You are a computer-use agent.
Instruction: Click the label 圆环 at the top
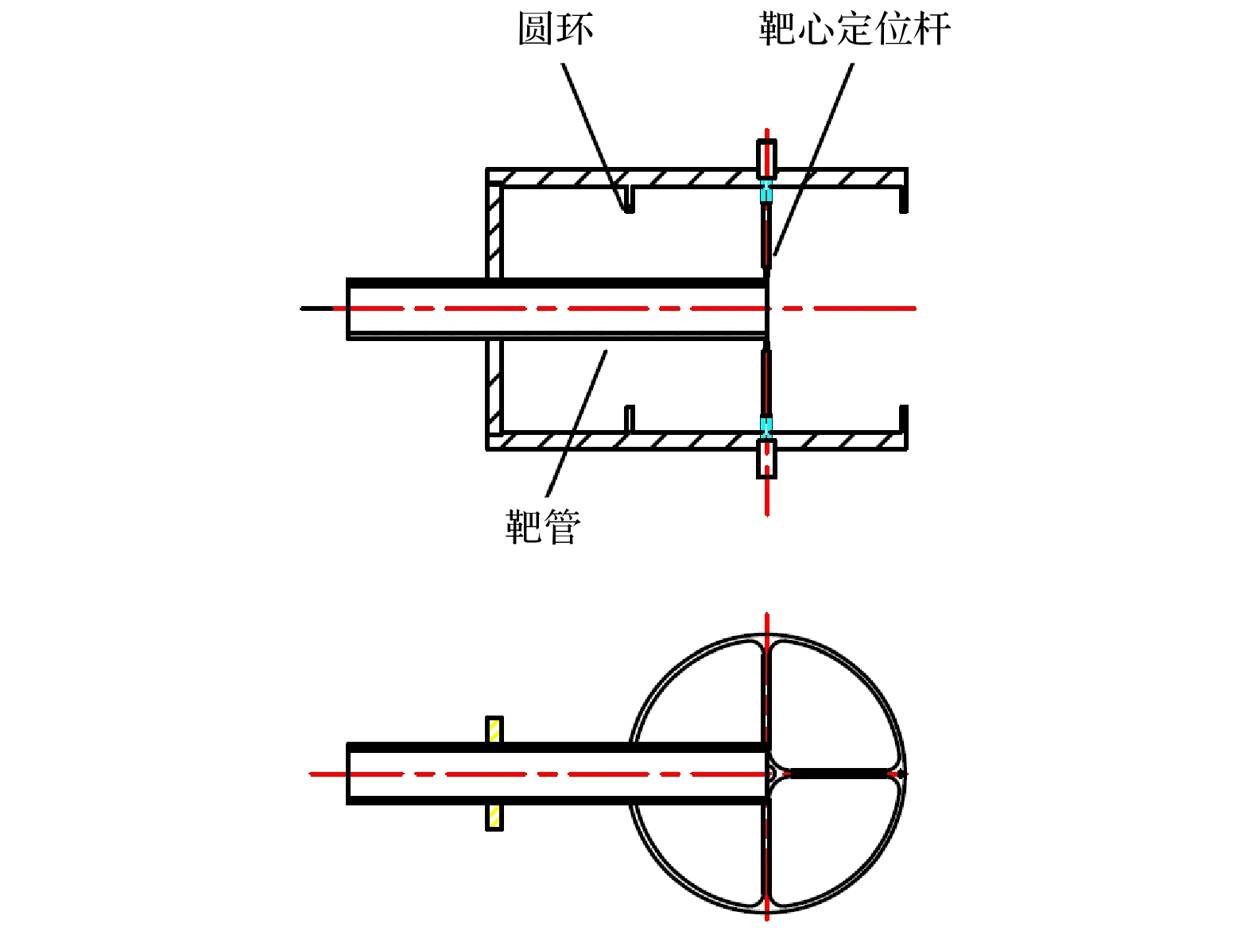[x=556, y=29]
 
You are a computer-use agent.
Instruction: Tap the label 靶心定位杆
[x=855, y=29]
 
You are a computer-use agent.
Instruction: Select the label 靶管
[x=542, y=527]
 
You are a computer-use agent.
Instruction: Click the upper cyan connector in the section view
[x=766, y=192]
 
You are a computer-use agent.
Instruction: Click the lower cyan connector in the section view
[x=766, y=427]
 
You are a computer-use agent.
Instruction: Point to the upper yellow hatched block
[x=494, y=729]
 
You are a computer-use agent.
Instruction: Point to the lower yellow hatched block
[x=494, y=817]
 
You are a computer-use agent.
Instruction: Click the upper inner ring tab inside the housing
[x=630, y=199]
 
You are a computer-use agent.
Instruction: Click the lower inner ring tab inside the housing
[x=630, y=419]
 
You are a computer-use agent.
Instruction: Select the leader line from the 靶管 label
[x=576, y=424]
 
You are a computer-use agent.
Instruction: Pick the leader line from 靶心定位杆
[x=813, y=159]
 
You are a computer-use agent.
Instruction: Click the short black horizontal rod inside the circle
[x=841, y=773]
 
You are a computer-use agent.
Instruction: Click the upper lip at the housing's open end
[x=903, y=199]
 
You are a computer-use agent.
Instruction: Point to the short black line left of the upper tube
[x=316, y=308]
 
